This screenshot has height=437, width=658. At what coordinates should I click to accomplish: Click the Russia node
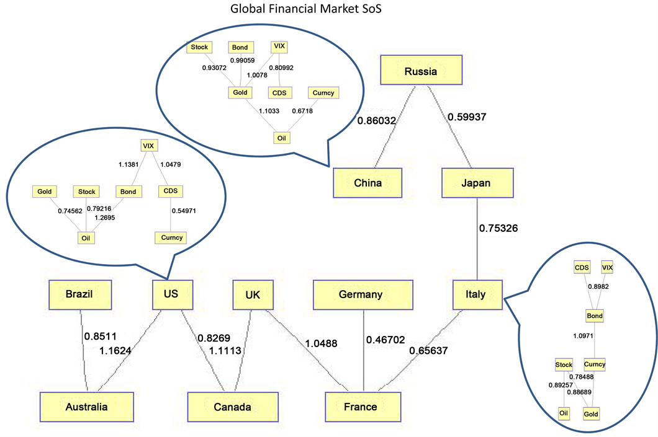click(x=421, y=71)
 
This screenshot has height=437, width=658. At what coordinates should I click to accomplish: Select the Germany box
click(x=361, y=294)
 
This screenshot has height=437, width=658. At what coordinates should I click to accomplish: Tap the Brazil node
click(x=79, y=294)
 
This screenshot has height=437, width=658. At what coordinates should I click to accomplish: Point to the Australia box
click(x=87, y=407)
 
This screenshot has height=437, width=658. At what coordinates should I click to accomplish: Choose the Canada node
click(x=228, y=407)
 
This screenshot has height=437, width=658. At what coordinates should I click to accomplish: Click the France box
click(x=360, y=407)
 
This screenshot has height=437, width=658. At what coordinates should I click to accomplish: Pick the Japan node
click(x=477, y=183)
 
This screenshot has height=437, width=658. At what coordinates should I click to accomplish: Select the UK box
click(x=252, y=294)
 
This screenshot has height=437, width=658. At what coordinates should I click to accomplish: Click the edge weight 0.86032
click(x=377, y=121)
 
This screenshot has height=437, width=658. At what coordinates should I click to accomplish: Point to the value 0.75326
click(x=498, y=228)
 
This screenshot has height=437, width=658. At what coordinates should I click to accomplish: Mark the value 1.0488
click(x=320, y=342)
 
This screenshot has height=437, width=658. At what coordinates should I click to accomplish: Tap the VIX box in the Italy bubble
click(x=608, y=267)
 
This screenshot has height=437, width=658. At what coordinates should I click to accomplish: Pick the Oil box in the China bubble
click(x=281, y=137)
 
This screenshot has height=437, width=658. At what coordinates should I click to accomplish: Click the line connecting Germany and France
click(x=363, y=360)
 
